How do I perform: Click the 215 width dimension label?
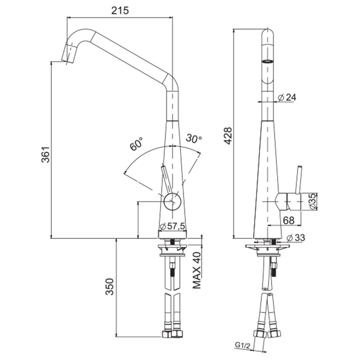point(120,10)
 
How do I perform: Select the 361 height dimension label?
point(45,154)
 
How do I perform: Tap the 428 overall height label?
point(228,136)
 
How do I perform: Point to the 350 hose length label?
point(109,287)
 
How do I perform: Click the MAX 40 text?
point(197,270)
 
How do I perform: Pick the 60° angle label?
point(136,144)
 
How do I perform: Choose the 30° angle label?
point(194,138)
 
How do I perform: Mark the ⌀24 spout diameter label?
point(287,98)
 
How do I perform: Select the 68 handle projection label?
point(289,220)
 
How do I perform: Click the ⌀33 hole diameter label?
point(296,238)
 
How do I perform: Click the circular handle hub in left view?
point(172,201)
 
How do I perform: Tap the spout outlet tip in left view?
point(68,62)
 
